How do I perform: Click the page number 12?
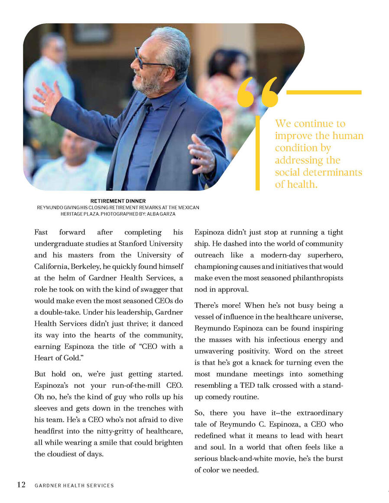point(21,484)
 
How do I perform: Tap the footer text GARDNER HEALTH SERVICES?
point(74,486)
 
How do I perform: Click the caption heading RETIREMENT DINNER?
point(118,201)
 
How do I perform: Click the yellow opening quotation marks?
point(257,92)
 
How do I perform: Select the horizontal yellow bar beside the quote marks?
point(324,92)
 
